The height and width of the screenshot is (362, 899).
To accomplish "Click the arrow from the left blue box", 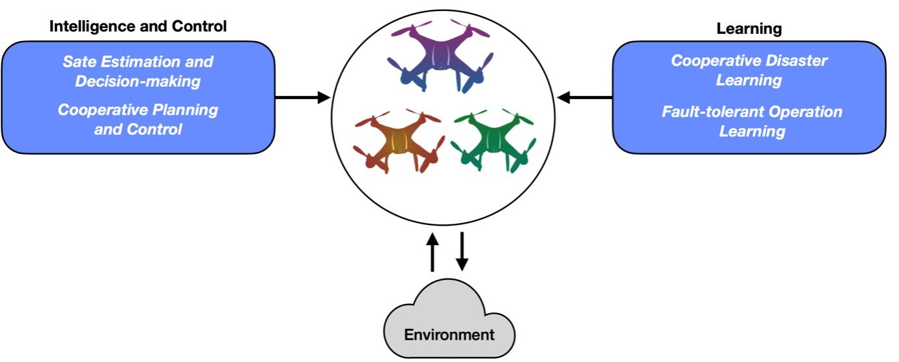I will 303,98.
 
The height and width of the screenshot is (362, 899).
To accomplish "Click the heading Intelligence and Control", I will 138,27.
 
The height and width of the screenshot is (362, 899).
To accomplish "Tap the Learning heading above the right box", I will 749,29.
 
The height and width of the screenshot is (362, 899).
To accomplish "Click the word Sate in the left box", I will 78,62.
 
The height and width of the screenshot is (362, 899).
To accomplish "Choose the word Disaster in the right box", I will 796,61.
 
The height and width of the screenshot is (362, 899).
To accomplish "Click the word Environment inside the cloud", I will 450,335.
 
